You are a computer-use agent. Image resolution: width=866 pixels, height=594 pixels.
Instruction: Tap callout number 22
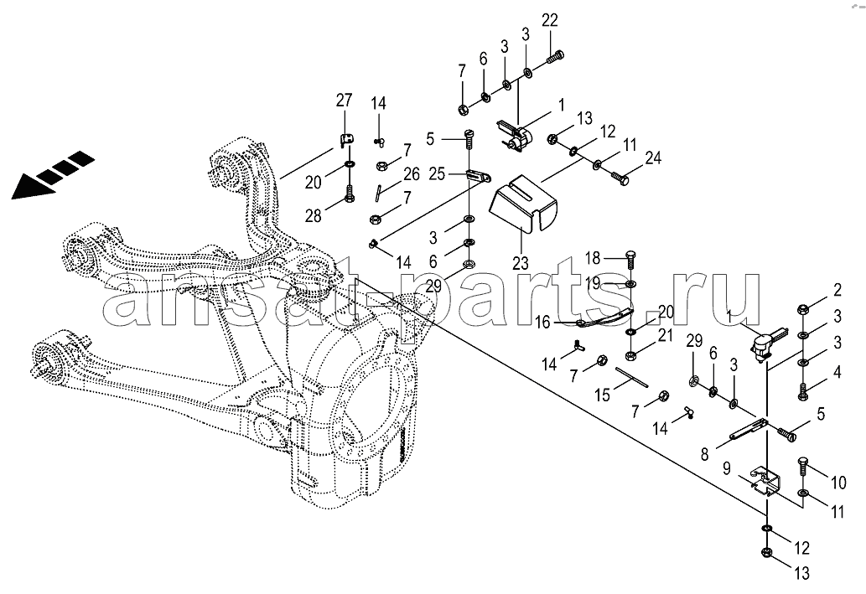(550, 20)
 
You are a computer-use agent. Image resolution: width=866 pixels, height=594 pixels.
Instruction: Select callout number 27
(344, 101)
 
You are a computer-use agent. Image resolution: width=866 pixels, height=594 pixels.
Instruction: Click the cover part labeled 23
(524, 202)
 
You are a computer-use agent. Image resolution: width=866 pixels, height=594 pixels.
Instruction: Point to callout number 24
(654, 158)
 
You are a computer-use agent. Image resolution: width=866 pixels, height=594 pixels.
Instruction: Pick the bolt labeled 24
(620, 178)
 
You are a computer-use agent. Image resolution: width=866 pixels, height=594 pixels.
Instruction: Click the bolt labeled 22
(556, 56)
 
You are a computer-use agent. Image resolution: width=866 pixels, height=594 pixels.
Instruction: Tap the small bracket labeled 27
(346, 142)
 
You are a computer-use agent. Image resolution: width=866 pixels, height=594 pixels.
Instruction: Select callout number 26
(412, 174)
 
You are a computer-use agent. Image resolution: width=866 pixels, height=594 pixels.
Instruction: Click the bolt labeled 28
(349, 193)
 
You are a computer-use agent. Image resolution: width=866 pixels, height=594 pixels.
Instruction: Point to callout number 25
(437, 174)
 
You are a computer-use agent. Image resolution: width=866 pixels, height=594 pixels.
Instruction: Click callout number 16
(543, 322)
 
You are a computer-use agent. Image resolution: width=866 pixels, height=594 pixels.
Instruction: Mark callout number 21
(666, 335)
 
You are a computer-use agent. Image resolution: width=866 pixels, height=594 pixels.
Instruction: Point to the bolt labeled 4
(804, 391)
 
